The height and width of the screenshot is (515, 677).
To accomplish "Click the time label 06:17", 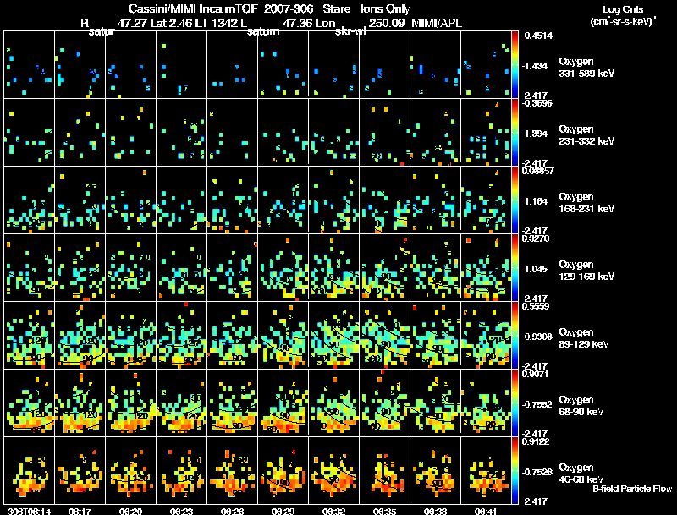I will [x=81, y=511].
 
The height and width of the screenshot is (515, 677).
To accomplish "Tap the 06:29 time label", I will [x=283, y=511].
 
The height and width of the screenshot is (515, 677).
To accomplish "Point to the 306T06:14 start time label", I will [x=28, y=511].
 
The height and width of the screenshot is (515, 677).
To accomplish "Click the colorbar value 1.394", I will [x=537, y=134].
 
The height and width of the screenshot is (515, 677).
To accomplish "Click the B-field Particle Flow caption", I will [x=632, y=490].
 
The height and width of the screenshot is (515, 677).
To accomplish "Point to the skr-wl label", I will [x=350, y=32].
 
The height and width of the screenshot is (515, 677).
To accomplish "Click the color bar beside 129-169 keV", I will [x=517, y=267].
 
